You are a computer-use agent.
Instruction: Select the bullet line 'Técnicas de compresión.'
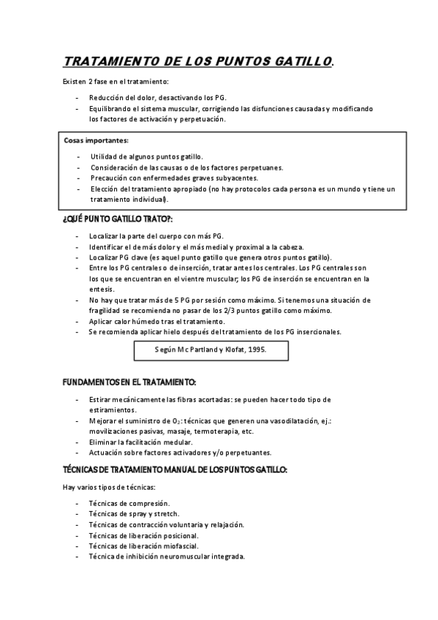(129, 503)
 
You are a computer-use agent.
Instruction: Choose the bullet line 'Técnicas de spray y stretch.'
(133, 514)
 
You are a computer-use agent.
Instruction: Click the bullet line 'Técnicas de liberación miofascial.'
(143, 545)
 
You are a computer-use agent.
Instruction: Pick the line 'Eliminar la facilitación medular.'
(140, 442)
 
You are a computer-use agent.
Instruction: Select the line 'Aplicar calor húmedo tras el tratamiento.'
(157, 321)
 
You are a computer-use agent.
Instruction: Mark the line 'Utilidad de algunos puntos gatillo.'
(147, 156)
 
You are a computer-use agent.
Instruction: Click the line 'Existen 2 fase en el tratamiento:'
(116, 80)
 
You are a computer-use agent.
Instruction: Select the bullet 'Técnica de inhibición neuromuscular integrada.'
(166, 556)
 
